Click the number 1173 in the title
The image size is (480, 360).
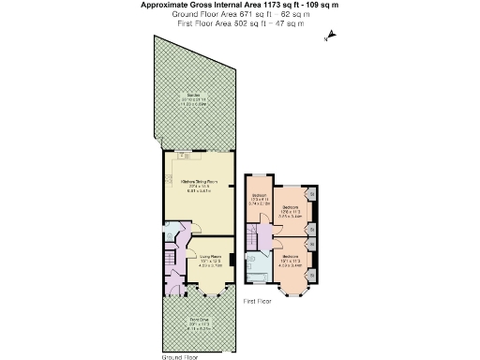(x=256, y=5)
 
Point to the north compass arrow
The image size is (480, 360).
(x=329, y=38)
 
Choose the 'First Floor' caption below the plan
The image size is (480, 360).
(x=257, y=301)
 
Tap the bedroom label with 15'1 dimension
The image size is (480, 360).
(x=290, y=256)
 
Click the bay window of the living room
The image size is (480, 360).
(x=211, y=290)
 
